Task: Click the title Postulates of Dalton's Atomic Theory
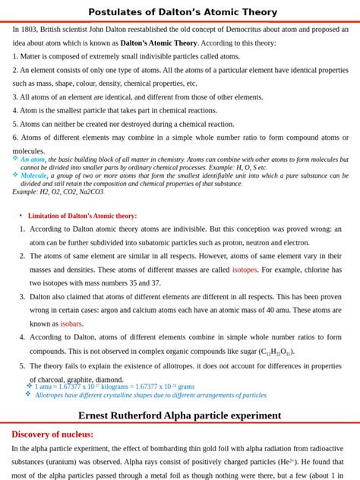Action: (x=182, y=12)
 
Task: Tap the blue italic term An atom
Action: (x=33, y=159)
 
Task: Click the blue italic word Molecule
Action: (x=33, y=175)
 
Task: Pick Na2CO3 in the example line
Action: (x=93, y=192)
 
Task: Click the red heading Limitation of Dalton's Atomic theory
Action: (x=82, y=216)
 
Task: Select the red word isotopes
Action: (x=245, y=270)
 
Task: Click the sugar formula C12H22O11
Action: (x=276, y=352)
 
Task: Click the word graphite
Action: (x=81, y=380)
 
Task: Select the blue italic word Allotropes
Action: (x=51, y=395)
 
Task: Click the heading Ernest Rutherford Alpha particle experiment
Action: (x=180, y=415)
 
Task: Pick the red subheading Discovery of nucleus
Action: (x=52, y=434)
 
